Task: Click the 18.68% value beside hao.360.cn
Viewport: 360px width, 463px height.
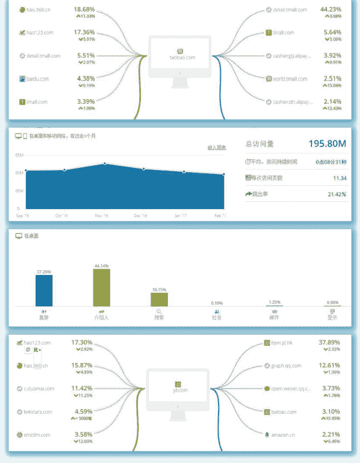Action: [84, 10]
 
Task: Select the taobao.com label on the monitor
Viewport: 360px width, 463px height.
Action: [181, 57]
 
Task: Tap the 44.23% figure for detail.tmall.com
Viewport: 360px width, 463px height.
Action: [330, 9]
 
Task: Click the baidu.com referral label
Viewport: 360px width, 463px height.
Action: [37, 79]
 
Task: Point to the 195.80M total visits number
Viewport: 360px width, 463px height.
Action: [327, 143]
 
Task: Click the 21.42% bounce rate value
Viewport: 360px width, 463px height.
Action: [337, 194]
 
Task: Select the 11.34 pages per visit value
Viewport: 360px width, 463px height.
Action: [339, 178]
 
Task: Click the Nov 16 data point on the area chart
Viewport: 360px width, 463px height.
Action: [105, 163]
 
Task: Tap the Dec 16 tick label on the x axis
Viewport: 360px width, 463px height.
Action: [140, 216]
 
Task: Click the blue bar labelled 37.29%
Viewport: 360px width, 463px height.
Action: [44, 291]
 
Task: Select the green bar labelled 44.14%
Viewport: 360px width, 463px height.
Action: [101, 287]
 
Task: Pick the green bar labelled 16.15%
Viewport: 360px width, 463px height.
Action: [159, 299]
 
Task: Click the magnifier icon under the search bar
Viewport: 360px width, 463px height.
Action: [159, 312]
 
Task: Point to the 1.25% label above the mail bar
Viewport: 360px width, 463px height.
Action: [274, 302]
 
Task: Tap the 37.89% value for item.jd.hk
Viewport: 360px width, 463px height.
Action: [329, 343]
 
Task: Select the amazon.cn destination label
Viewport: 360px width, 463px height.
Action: [283, 434]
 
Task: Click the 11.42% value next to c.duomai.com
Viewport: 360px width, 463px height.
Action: [82, 388]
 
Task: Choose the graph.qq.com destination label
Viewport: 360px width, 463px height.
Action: [286, 366]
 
